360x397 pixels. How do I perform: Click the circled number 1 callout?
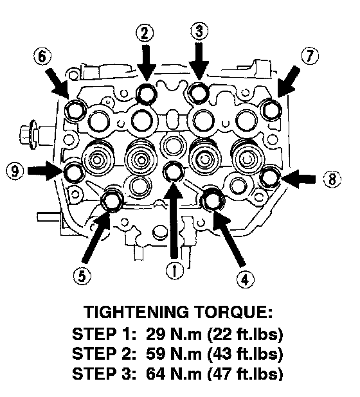(175, 270)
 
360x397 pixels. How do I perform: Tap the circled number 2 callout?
(145, 33)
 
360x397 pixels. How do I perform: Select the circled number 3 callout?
(199, 31)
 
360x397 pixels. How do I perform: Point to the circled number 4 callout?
(245, 279)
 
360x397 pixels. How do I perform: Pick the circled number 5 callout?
(82, 276)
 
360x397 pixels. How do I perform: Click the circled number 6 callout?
(42, 56)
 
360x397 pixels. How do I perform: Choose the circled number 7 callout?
(310, 56)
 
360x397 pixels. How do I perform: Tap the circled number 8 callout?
(332, 179)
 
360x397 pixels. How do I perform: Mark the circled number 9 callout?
(15, 170)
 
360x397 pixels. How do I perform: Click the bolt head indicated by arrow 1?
(174, 172)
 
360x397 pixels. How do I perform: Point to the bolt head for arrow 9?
(73, 172)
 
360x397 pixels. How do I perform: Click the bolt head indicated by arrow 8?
(270, 177)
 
